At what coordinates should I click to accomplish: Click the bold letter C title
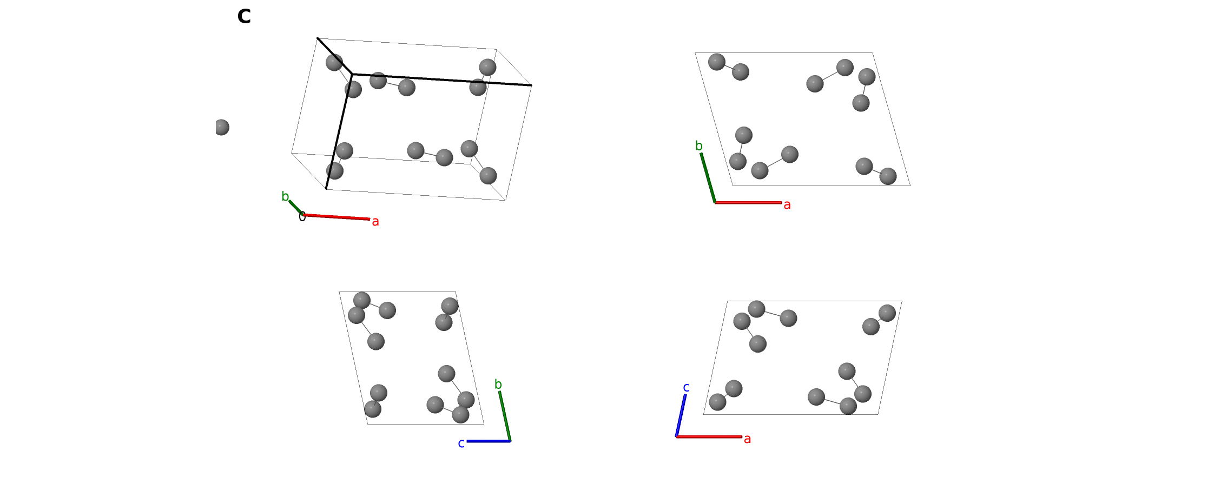pos(244,17)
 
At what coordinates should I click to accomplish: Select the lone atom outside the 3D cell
pos(221,128)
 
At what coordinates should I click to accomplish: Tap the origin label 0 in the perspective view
pos(302,217)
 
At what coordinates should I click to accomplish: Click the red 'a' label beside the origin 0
pos(375,222)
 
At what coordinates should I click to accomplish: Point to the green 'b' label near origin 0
pos(285,196)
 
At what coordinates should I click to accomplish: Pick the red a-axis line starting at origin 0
pos(336,217)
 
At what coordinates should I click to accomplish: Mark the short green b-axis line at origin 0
pos(295,208)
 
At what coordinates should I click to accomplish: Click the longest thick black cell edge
pos(442,79)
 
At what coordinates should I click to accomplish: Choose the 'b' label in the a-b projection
pos(699,146)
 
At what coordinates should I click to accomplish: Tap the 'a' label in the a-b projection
pos(787,205)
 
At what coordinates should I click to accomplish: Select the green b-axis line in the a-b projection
pos(708,178)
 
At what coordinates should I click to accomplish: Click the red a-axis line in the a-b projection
pos(748,203)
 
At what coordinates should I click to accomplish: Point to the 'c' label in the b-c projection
pos(461,443)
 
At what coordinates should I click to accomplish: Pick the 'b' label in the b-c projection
pos(498,385)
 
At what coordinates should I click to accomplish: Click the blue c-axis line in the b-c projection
pos(489,441)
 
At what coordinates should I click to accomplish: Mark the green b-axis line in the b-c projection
pos(505,416)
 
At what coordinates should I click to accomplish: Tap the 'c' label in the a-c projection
pos(687,387)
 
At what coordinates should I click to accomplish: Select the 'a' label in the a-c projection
pos(747,439)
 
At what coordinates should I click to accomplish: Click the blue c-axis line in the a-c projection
pos(681,415)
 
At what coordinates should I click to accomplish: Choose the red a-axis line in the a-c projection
pos(709,436)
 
